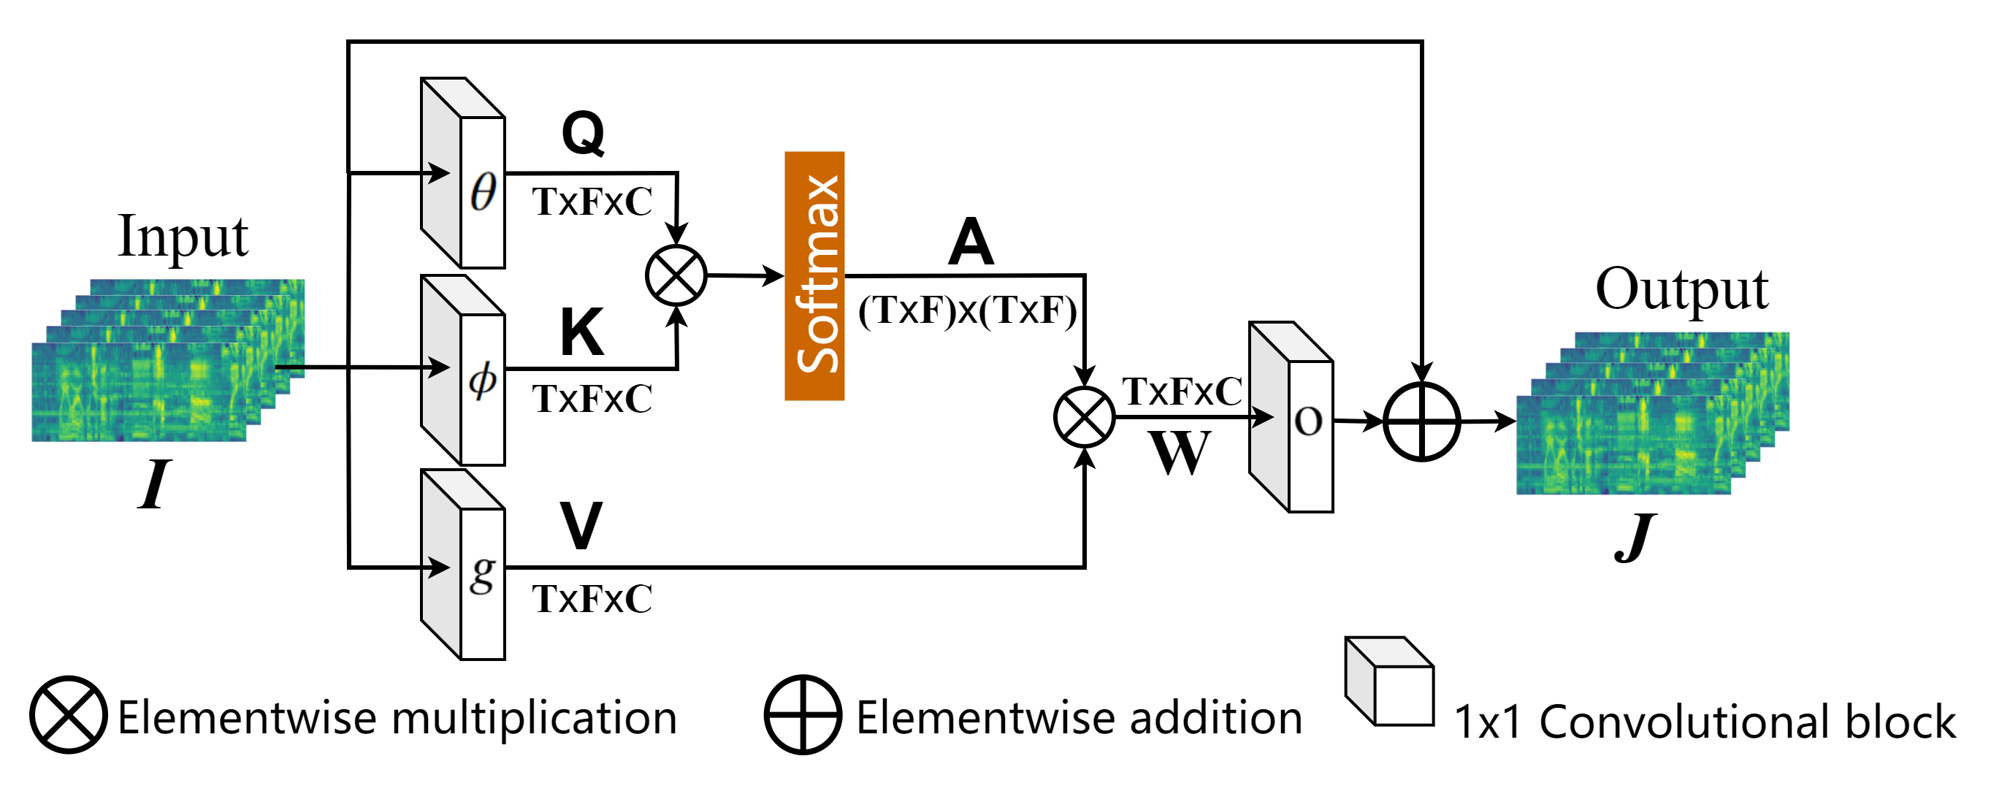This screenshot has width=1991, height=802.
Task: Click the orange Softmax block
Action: [814, 276]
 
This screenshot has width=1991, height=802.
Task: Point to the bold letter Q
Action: [583, 133]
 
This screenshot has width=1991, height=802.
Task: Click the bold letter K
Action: [581, 332]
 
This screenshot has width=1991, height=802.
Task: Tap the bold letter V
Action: [581, 525]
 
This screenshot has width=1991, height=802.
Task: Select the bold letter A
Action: [971, 242]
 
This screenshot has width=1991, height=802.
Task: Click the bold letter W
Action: [1179, 453]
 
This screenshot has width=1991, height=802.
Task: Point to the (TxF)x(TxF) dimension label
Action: [967, 310]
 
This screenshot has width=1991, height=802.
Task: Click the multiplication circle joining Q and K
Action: [676, 276]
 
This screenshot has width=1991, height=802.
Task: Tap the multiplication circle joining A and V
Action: [1085, 417]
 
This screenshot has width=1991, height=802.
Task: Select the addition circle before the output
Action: [1421, 422]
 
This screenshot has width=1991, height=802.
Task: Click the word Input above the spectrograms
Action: [183, 237]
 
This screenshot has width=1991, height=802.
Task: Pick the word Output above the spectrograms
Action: [1682, 289]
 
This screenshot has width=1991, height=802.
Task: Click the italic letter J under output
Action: [1634, 538]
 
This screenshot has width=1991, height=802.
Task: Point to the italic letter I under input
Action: [154, 484]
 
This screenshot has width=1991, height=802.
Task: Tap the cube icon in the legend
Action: [1390, 681]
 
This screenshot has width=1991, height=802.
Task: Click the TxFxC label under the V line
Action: [592, 600]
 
